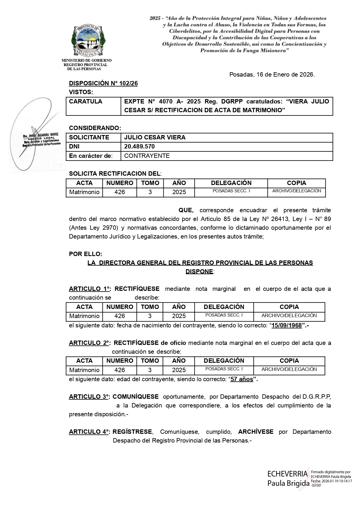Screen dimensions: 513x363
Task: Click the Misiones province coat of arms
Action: [89, 40]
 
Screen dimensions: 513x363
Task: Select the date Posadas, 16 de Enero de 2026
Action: [272, 75]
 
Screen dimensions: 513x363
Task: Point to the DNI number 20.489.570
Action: [139, 146]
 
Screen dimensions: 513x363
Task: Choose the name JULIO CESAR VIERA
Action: [155, 137]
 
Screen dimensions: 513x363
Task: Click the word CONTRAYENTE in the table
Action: [147, 156]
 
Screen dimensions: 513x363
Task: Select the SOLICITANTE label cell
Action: [89, 137]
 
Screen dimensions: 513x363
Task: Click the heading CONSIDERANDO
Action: [95, 128]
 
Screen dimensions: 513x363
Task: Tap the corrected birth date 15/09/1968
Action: [286, 325]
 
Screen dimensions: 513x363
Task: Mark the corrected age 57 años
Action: [242, 379]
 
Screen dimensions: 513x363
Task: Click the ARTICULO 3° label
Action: [89, 397]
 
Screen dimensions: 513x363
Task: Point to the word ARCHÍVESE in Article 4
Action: [256, 432]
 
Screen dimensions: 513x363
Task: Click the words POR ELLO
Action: [85, 254]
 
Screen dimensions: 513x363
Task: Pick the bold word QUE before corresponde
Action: [186, 210]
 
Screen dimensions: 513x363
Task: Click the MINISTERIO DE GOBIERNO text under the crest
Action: [87, 61]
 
